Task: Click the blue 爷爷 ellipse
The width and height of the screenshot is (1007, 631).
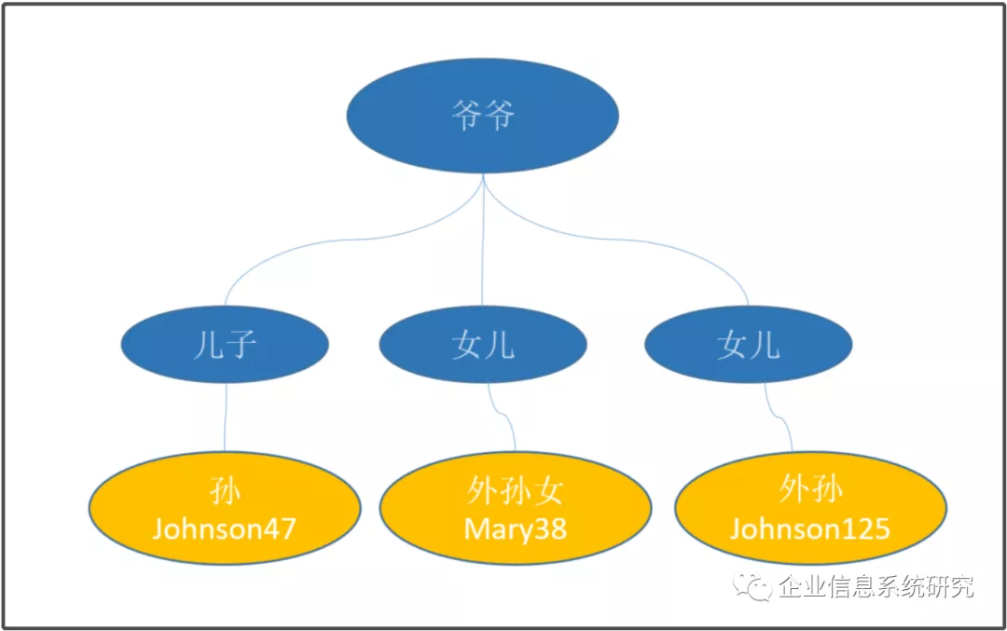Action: (482, 117)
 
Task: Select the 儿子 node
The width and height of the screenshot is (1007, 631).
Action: (225, 345)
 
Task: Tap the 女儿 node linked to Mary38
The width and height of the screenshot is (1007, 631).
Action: (483, 345)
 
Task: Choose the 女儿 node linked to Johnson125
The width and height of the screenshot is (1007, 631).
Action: (748, 345)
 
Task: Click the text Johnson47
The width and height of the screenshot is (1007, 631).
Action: (224, 528)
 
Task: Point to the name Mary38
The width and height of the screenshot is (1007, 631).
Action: (515, 529)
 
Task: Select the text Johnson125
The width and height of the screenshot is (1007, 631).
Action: (810, 528)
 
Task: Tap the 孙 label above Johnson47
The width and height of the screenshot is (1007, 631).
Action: (225, 492)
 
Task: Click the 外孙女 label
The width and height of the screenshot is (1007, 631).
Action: (515, 492)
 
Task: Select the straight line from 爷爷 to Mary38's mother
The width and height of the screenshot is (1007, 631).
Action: (482, 240)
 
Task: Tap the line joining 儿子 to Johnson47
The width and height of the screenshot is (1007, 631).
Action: (226, 418)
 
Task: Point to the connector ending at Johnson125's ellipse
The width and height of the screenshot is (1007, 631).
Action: (779, 417)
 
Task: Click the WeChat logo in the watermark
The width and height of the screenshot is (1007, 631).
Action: (752, 586)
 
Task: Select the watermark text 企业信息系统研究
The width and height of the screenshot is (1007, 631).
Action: (876, 586)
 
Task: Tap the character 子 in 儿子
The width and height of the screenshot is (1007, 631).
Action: (241, 346)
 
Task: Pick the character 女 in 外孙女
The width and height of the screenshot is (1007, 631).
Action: (548, 492)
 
